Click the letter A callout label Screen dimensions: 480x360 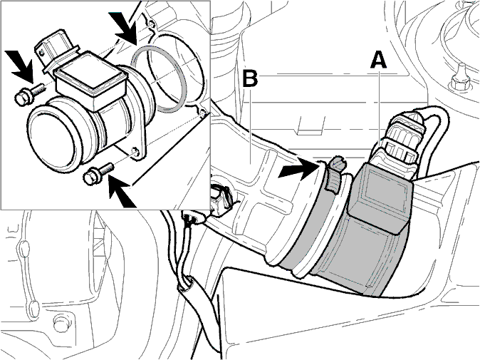378,60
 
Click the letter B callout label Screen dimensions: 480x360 250,78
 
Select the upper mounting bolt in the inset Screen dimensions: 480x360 30,95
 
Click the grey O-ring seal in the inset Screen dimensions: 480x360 158,79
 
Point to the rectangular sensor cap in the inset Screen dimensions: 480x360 90,81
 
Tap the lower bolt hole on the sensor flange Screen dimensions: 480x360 135,152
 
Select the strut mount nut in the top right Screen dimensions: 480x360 460,81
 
